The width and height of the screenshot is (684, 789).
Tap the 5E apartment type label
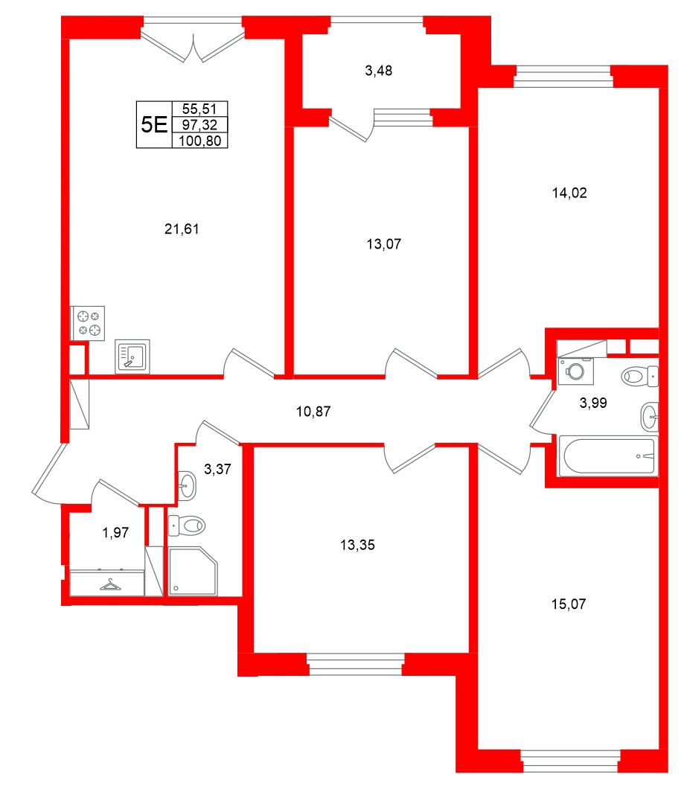153,124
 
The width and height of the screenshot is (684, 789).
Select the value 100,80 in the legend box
199,140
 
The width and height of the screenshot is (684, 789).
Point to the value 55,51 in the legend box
199,109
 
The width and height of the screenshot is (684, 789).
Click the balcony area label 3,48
378,71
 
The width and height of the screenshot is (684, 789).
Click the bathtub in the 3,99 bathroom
607,455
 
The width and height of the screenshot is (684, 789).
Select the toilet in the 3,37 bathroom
187,526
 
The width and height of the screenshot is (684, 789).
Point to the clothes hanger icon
110,585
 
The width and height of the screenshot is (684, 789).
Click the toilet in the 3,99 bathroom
641,375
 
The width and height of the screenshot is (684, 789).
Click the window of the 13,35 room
355,663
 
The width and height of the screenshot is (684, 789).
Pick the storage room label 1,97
115,532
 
